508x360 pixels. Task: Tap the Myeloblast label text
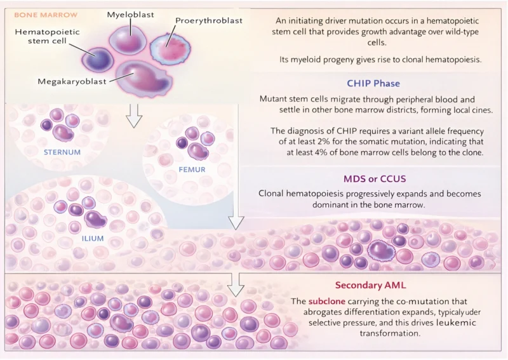[x=130, y=14]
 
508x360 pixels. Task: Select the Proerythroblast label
[x=209, y=20]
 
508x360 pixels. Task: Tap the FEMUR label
[x=192, y=170]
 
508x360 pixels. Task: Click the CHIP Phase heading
[x=373, y=84]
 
